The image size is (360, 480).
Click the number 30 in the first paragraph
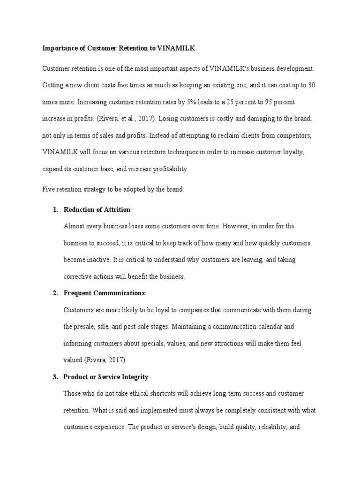tap(310, 85)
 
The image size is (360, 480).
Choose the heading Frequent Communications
tap(104, 293)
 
